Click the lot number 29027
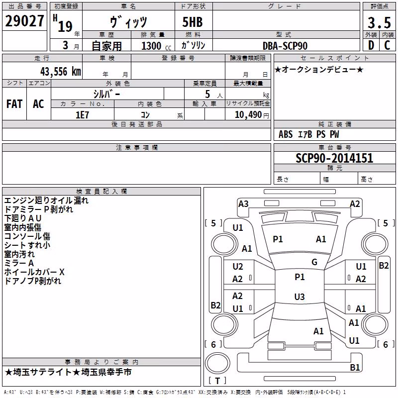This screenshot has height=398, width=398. (x=24, y=21)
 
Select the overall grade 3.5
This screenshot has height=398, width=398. (x=379, y=22)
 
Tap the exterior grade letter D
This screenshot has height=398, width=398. (x=371, y=45)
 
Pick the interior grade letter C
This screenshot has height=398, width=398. (x=387, y=45)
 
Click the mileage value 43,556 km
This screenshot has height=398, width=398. (x=61, y=72)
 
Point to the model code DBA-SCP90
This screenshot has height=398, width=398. (x=285, y=46)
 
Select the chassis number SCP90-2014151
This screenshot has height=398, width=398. (x=334, y=158)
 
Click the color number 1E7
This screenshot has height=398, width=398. (x=82, y=115)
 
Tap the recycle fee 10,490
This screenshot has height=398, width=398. (x=248, y=115)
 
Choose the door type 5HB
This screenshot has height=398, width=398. (x=193, y=22)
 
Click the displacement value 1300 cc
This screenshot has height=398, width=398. (x=156, y=46)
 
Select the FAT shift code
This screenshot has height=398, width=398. (x=14, y=104)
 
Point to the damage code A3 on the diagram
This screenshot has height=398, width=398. (x=243, y=204)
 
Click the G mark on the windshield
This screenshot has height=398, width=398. (x=314, y=262)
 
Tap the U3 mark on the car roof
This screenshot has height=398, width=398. (x=299, y=297)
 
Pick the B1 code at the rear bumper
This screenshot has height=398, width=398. (x=355, y=368)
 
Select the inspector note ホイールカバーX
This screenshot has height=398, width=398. (x=34, y=272)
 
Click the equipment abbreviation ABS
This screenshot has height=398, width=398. (x=286, y=134)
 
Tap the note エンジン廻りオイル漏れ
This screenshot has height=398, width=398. (x=46, y=200)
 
